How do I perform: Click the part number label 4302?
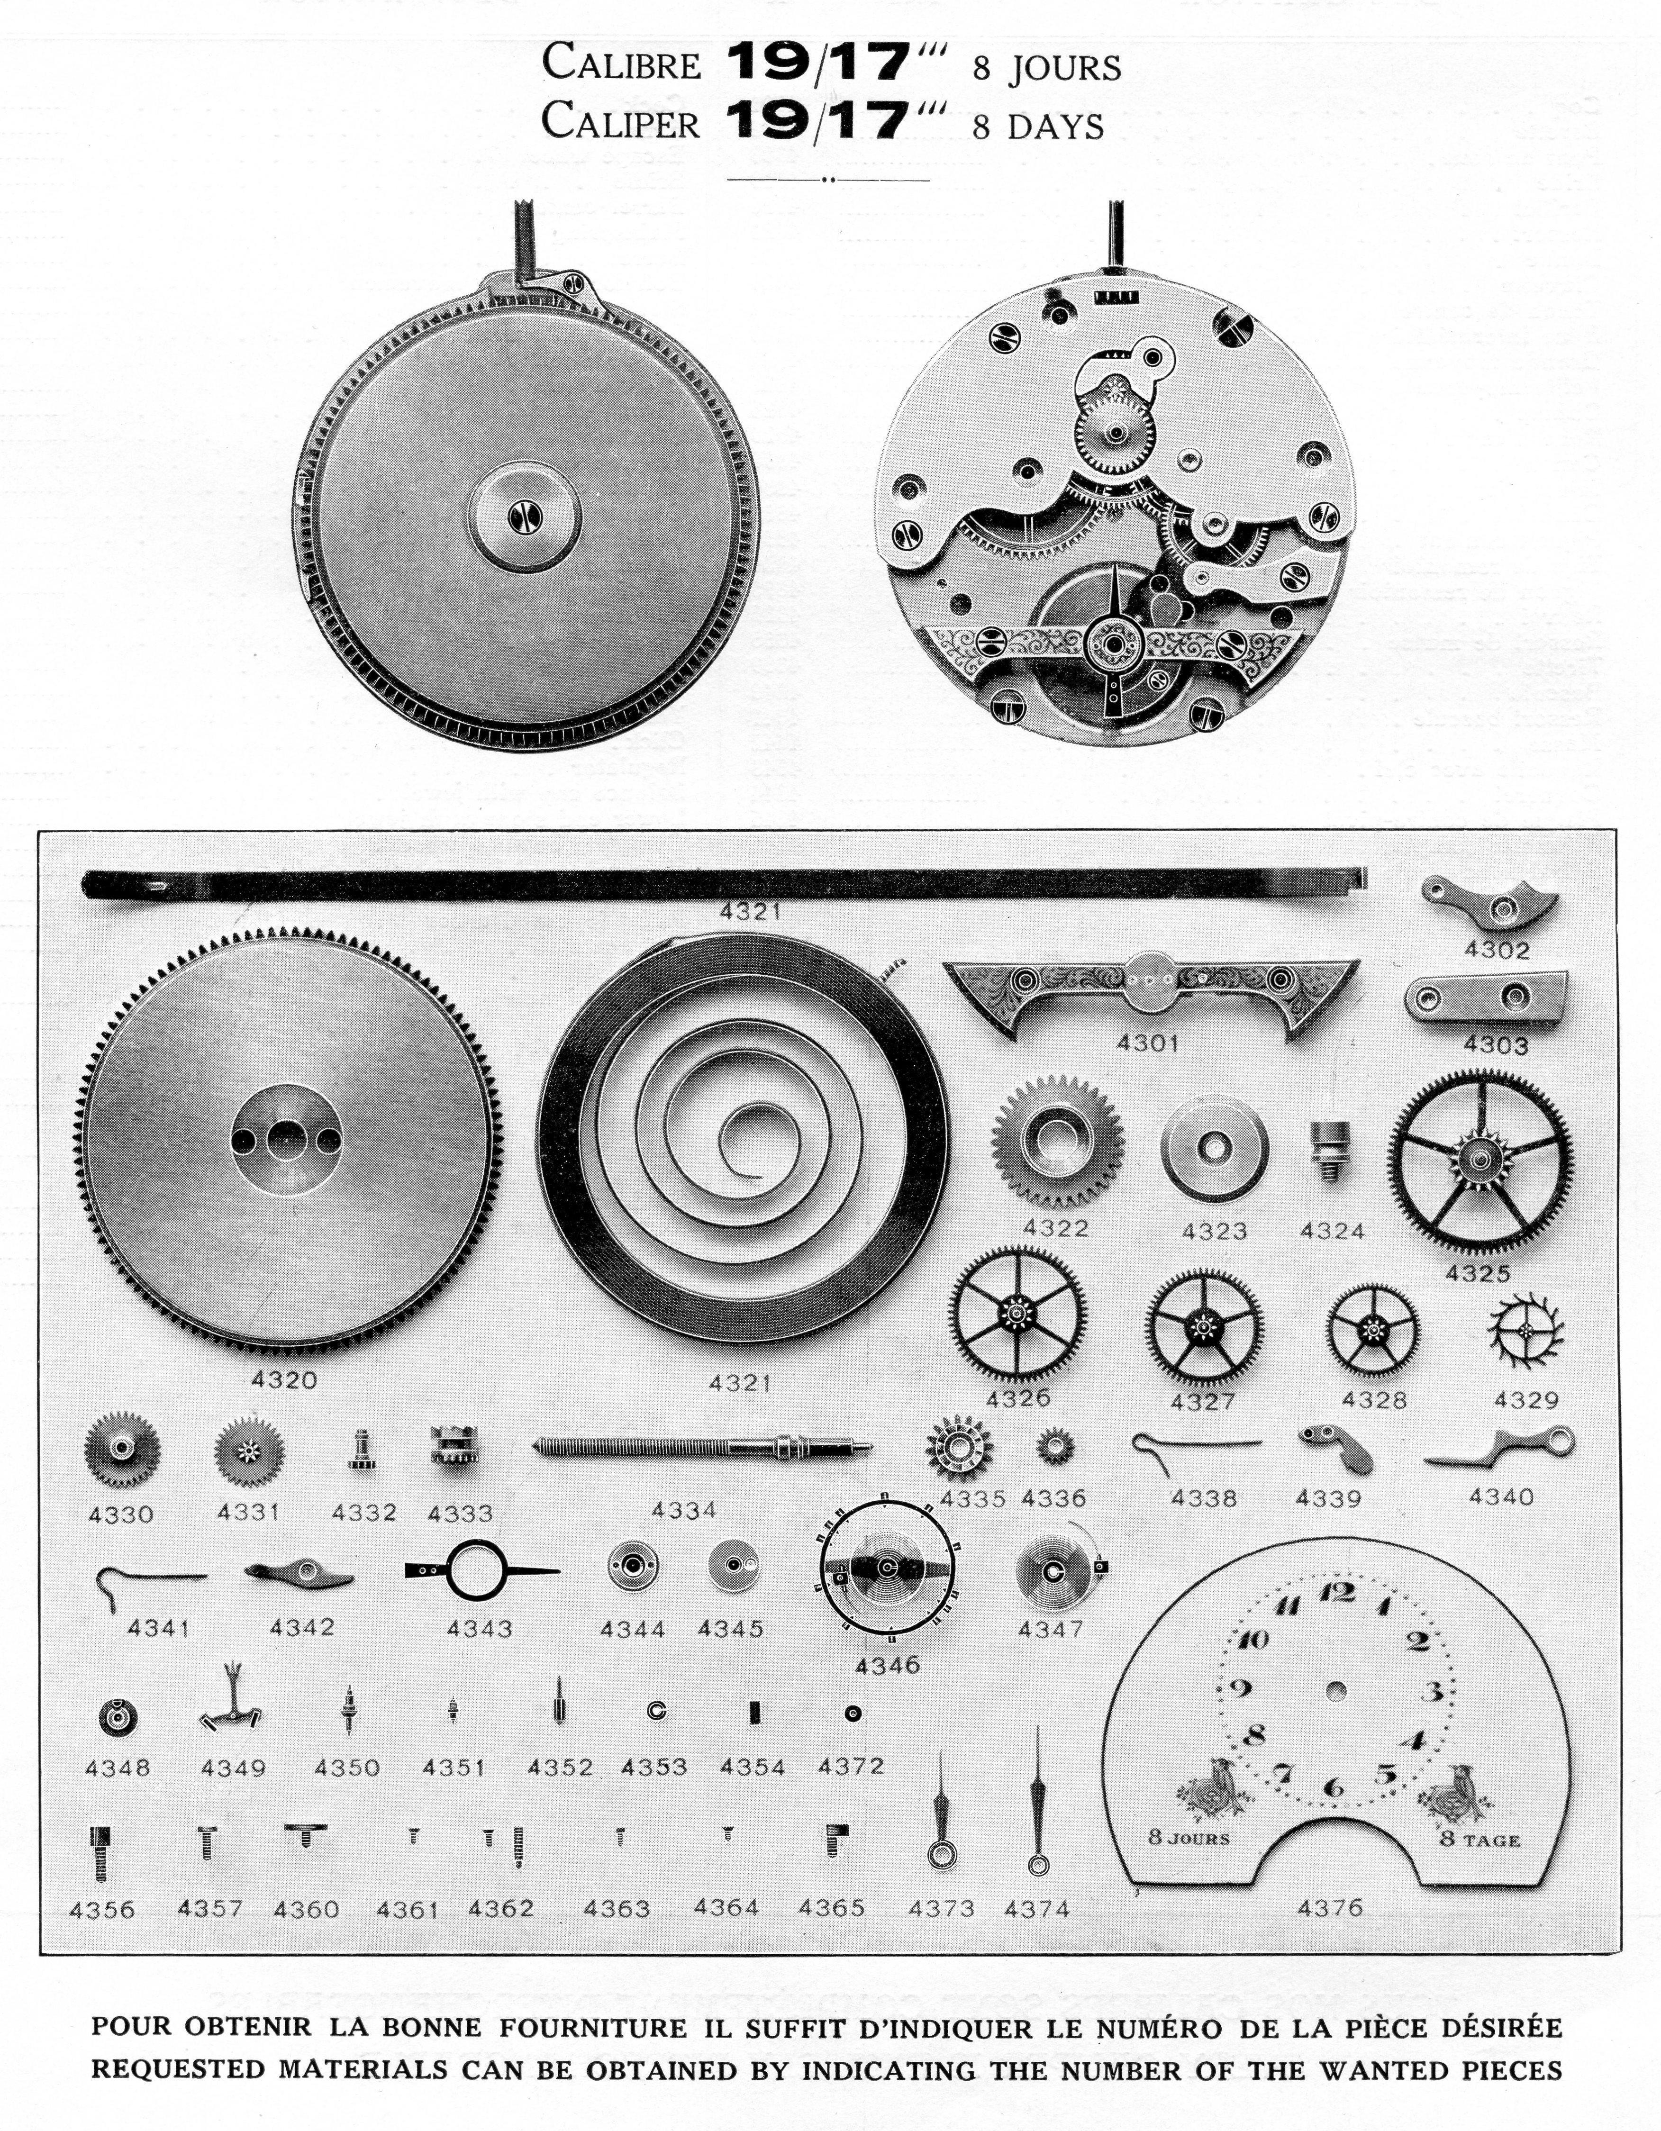coord(1496,949)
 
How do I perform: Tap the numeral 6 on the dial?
coord(1333,1788)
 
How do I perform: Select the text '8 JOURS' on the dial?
coord(1189,1837)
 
